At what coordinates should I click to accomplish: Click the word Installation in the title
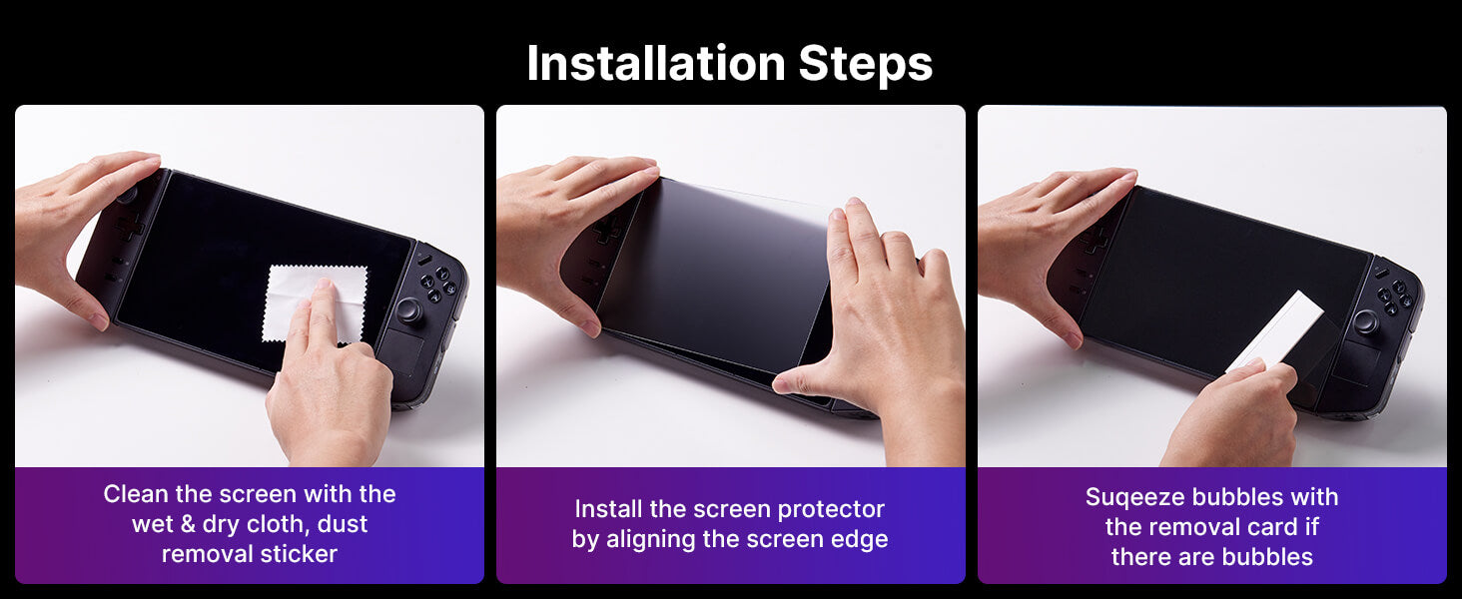click(x=656, y=63)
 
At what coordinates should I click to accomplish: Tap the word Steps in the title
click(x=866, y=65)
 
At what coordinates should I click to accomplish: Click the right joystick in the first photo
click(x=409, y=310)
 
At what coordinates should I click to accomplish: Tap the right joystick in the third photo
click(x=1365, y=321)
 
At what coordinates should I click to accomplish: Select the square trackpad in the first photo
click(x=400, y=350)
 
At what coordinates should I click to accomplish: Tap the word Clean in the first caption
click(x=135, y=494)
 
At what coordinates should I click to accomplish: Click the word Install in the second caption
click(x=607, y=509)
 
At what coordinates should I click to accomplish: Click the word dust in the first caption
click(x=343, y=524)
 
